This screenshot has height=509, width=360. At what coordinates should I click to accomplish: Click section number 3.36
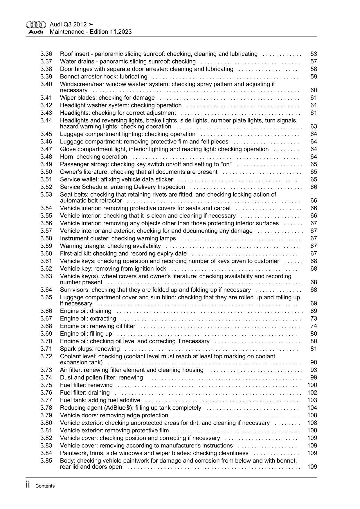click(46, 54)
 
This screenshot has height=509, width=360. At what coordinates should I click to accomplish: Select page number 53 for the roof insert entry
click(314, 54)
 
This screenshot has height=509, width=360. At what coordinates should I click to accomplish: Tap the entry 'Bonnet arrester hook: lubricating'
click(103, 77)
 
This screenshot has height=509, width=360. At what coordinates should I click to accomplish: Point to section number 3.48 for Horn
click(46, 157)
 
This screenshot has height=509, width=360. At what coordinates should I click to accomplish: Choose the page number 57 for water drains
click(314, 62)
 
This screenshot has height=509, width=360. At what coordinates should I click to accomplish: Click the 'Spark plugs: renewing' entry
click(90, 349)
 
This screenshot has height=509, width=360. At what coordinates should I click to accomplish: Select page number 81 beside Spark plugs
click(314, 349)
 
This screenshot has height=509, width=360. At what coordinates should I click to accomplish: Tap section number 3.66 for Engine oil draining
click(46, 311)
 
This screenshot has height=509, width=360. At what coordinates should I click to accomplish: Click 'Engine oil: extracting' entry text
click(88, 319)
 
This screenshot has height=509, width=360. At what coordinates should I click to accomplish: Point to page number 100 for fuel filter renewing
click(312, 385)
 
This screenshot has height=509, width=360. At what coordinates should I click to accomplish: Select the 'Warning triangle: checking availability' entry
click(110, 246)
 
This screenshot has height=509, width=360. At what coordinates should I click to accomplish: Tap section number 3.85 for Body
click(46, 461)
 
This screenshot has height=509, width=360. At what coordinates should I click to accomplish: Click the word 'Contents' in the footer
click(45, 486)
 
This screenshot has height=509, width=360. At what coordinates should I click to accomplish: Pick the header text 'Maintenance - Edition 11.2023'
click(91, 32)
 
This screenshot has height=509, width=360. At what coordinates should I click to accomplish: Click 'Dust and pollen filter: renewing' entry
click(101, 377)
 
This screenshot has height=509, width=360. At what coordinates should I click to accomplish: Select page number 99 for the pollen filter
click(314, 377)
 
